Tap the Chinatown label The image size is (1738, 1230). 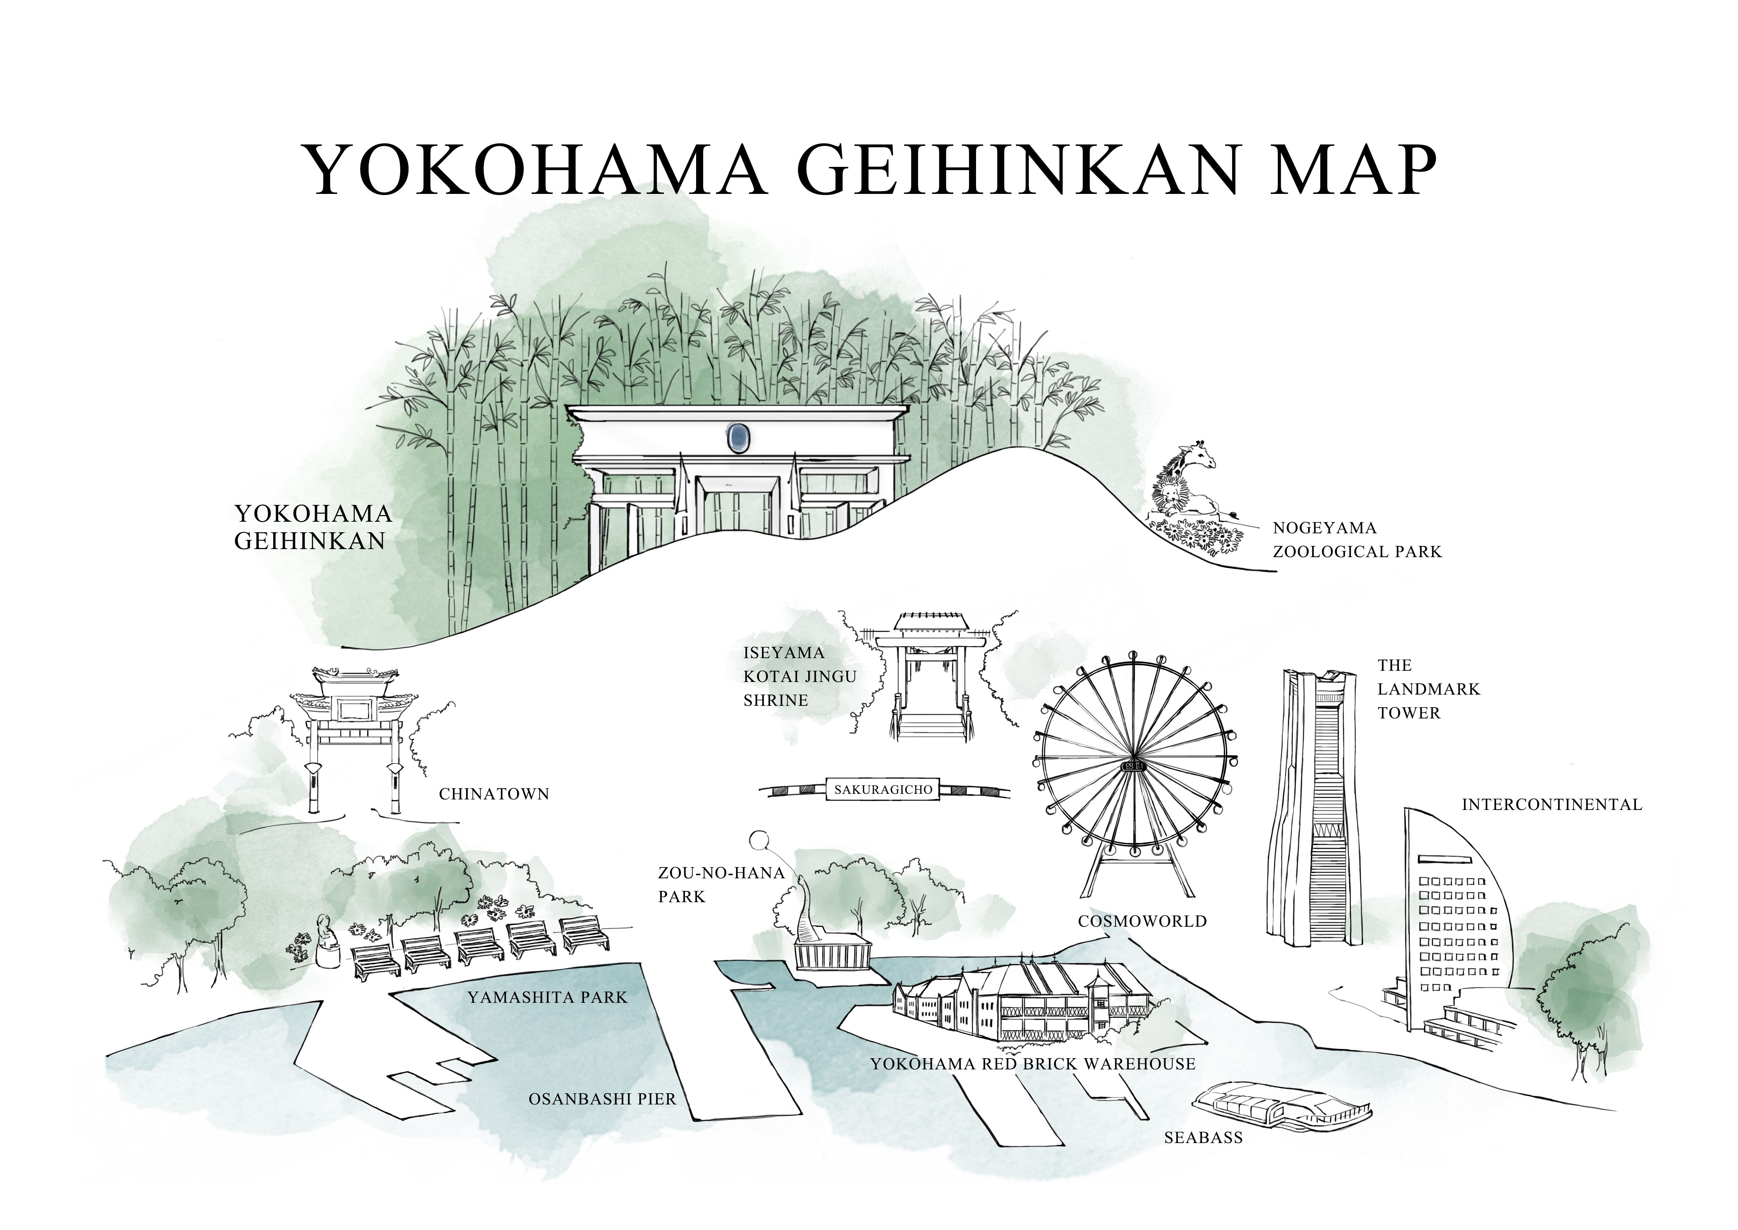pos(494,794)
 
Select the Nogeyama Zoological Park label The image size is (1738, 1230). pos(1356,539)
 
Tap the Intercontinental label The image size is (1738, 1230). pos(1552,804)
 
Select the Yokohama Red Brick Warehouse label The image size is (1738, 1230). pos(1032,1063)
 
